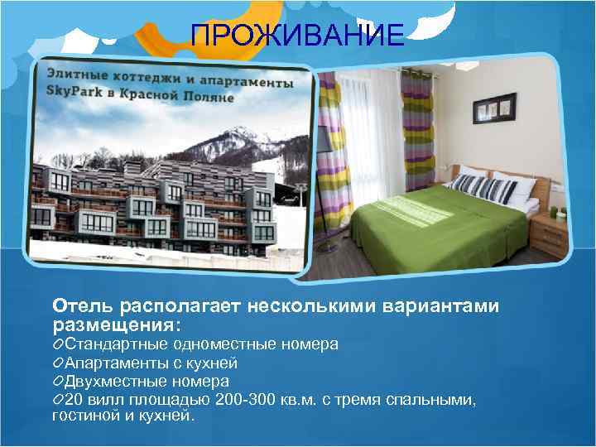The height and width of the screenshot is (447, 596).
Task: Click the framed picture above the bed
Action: [493, 108]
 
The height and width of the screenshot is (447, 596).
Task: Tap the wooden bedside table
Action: [549, 235]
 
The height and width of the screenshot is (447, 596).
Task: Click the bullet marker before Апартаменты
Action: [57, 363]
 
